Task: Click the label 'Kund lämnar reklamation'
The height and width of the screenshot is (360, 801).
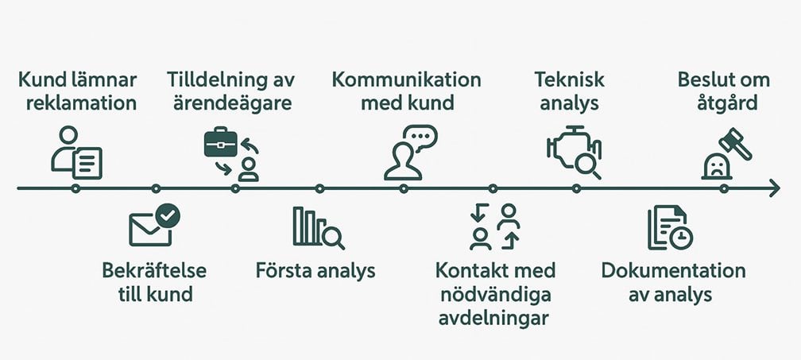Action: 76,91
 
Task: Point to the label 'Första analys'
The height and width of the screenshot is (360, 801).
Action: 315,270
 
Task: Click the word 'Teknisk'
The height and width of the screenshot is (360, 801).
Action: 569,79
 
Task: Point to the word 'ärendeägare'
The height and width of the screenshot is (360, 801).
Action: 229,103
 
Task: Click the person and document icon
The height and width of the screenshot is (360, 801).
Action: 76,153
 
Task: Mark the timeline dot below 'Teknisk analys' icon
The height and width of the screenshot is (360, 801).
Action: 576,188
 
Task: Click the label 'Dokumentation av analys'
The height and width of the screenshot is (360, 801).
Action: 672,282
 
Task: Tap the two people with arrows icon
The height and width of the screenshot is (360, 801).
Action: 493,227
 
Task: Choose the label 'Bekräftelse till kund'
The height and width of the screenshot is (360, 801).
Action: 154,282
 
